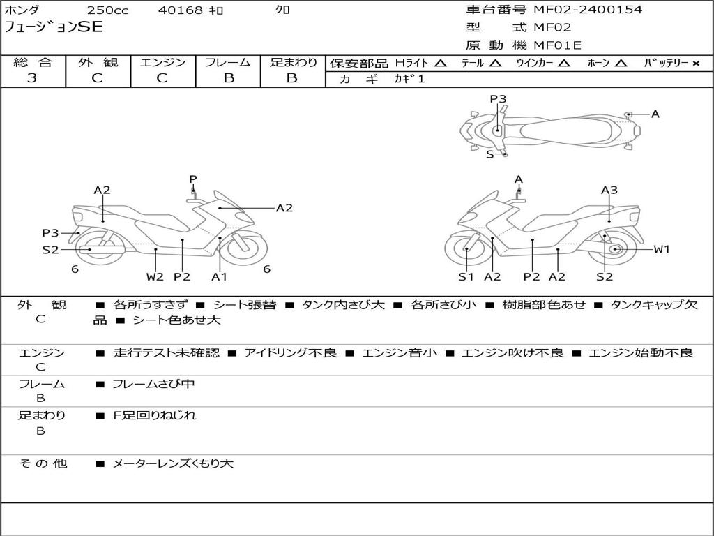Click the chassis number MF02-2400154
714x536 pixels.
(x=588, y=10)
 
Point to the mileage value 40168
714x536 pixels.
(x=181, y=10)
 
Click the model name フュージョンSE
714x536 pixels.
(x=54, y=28)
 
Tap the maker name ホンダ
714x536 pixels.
(x=23, y=10)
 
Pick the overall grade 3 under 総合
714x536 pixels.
(x=32, y=78)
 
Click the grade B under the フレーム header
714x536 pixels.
(x=228, y=78)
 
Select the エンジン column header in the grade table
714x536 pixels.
(x=162, y=63)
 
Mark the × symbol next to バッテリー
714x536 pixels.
(x=696, y=64)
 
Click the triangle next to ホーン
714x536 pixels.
(x=621, y=64)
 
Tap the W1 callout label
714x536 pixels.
(x=661, y=249)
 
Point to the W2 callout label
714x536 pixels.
(x=155, y=277)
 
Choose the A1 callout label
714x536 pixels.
(x=220, y=277)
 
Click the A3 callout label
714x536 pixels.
(x=609, y=190)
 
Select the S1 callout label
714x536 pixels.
(x=466, y=277)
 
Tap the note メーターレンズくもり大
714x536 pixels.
(x=173, y=463)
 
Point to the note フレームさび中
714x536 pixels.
(x=154, y=384)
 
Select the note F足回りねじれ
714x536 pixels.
(x=155, y=415)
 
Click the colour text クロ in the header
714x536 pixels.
(x=282, y=10)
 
